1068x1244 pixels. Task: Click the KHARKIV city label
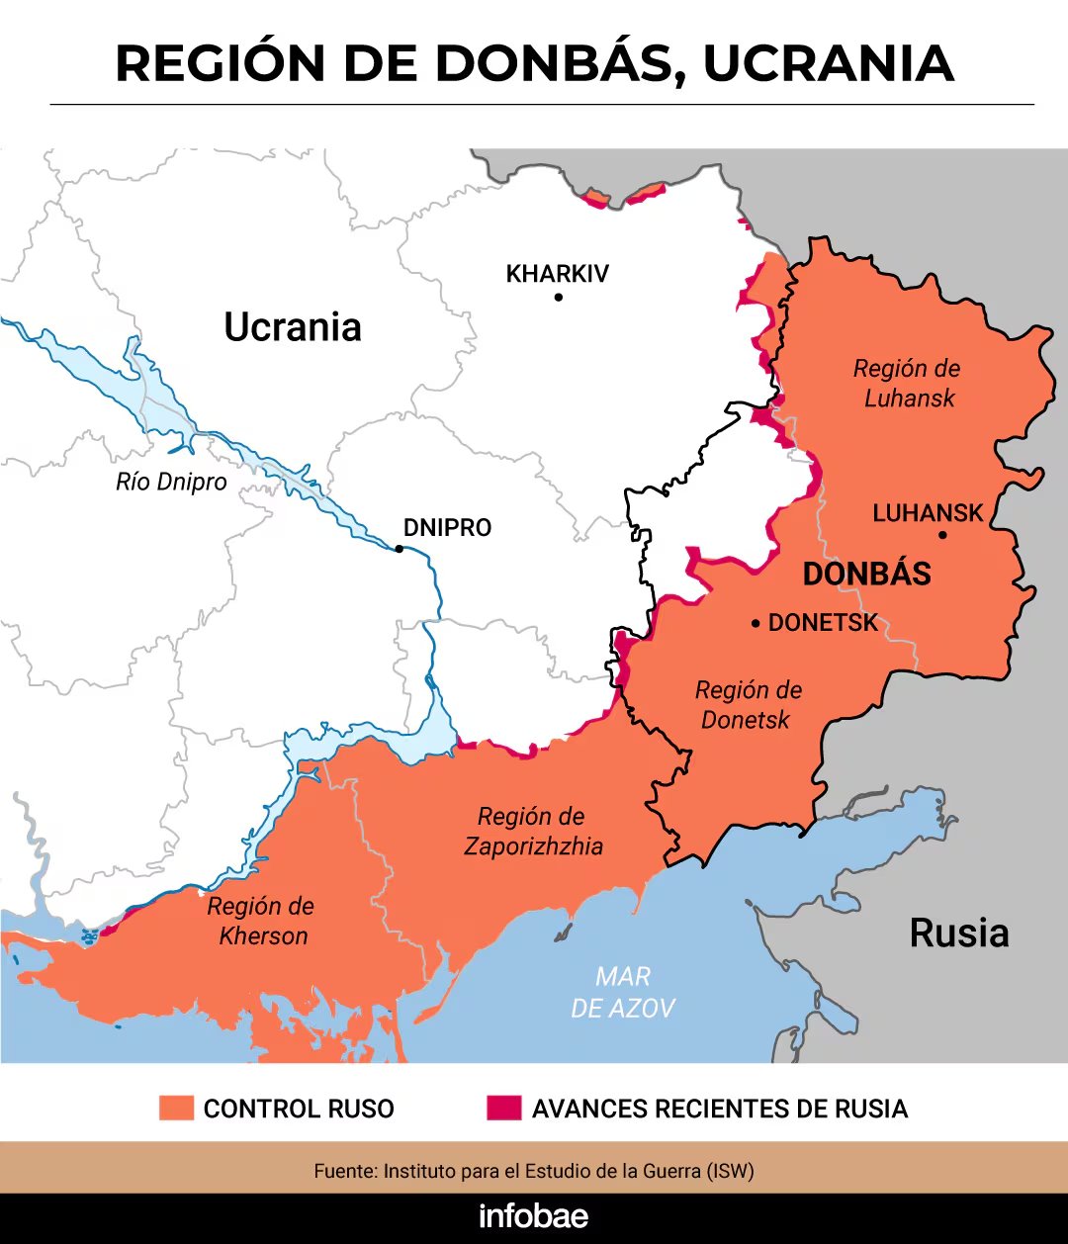(557, 274)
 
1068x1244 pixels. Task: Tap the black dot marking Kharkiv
(559, 297)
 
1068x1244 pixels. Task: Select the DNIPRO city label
(447, 528)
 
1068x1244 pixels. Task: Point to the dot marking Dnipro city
(400, 548)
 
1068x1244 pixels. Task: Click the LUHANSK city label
(928, 513)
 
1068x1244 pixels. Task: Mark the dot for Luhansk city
(942, 535)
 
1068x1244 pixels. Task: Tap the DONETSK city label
(823, 623)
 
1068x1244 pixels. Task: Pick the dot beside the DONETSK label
(756, 623)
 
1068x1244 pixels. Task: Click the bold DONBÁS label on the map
(866, 575)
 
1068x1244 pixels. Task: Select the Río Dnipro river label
(171, 483)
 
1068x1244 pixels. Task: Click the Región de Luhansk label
(908, 384)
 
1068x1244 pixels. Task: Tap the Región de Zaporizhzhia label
(533, 832)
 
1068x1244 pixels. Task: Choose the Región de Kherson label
(262, 921)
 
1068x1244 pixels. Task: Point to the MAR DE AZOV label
(623, 993)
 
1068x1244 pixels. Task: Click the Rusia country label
(958, 933)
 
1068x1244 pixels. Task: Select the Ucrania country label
(293, 327)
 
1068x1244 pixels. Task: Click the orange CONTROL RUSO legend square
(176, 1108)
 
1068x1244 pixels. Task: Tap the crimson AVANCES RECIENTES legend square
(503, 1108)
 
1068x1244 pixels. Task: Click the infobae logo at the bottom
(533, 1217)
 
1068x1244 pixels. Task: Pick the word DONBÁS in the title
(561, 63)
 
